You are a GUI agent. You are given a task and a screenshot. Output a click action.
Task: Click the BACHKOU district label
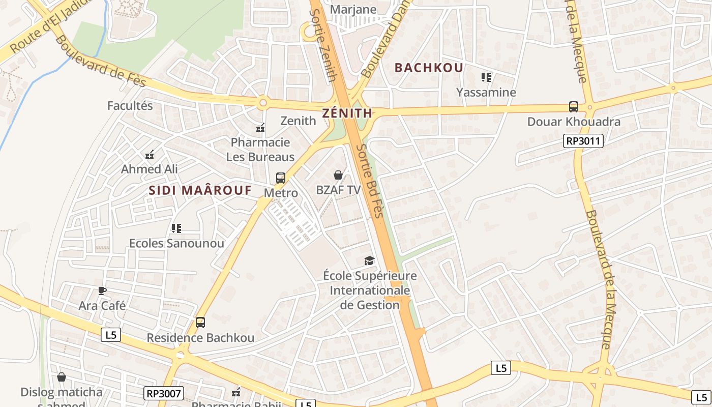429,68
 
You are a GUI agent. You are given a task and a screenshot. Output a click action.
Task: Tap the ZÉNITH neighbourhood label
347,113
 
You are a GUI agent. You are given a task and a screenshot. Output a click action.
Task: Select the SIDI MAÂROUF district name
200,190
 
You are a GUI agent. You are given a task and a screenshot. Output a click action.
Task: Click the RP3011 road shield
583,141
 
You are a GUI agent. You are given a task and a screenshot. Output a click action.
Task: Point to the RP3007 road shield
163,393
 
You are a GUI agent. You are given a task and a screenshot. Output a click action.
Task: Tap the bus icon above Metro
281,178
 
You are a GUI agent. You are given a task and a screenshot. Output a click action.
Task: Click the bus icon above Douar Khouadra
574,107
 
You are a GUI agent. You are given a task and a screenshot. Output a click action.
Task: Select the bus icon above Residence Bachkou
200,323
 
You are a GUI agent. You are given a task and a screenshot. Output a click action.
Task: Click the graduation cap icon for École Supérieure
369,261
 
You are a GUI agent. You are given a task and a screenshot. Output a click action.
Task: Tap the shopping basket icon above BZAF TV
338,176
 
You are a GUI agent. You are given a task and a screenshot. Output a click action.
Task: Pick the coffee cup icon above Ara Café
102,291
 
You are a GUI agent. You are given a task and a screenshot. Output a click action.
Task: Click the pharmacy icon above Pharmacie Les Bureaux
260,128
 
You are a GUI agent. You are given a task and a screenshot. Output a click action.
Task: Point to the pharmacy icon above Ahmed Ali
150,154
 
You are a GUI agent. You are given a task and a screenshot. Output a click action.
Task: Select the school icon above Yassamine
486,77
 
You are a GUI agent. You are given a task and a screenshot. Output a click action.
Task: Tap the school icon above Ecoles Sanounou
176,228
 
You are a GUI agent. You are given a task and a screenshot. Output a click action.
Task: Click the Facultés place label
130,106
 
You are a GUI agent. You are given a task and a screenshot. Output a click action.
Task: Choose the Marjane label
353,10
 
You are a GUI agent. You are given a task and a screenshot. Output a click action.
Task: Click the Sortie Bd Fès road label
369,181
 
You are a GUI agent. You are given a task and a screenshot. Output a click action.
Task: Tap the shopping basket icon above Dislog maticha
62,377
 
